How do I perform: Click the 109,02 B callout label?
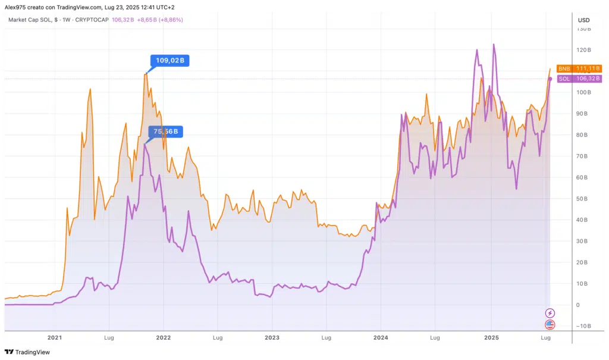169,60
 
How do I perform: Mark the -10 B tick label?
583,325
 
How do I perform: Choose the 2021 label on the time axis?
55,337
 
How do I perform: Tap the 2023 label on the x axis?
272,337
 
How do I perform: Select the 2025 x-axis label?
491,337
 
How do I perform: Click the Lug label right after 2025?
545,337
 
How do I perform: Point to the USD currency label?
583,20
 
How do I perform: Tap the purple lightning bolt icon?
550,313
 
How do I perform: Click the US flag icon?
550,324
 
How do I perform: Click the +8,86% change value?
169,20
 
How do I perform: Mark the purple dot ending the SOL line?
550,79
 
